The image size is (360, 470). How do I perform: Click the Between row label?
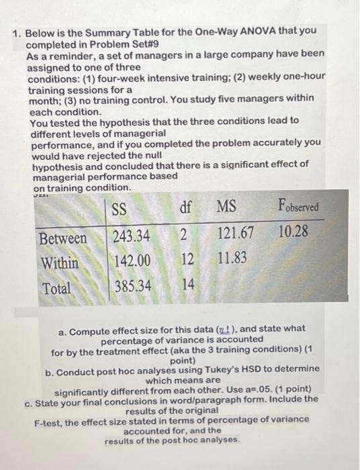(62, 238)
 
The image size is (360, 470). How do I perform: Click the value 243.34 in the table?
(131, 236)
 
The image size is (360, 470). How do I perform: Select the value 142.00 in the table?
(132, 261)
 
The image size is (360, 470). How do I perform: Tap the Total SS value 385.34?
(132, 286)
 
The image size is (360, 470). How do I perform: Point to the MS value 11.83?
(232, 258)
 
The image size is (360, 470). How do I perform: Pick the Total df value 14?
(189, 285)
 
